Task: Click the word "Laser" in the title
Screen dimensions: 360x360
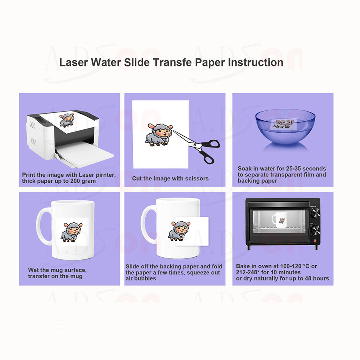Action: click(x=74, y=62)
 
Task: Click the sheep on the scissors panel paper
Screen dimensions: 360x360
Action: click(x=159, y=135)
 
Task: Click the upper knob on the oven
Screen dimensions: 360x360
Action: click(x=315, y=213)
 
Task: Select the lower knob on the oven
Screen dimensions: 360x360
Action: click(x=315, y=230)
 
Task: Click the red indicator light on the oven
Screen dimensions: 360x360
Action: click(x=315, y=241)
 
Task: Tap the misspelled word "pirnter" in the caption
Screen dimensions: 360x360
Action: click(x=105, y=175)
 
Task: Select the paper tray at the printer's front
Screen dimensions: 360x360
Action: click(x=84, y=154)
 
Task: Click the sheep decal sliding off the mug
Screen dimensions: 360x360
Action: click(x=179, y=231)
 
